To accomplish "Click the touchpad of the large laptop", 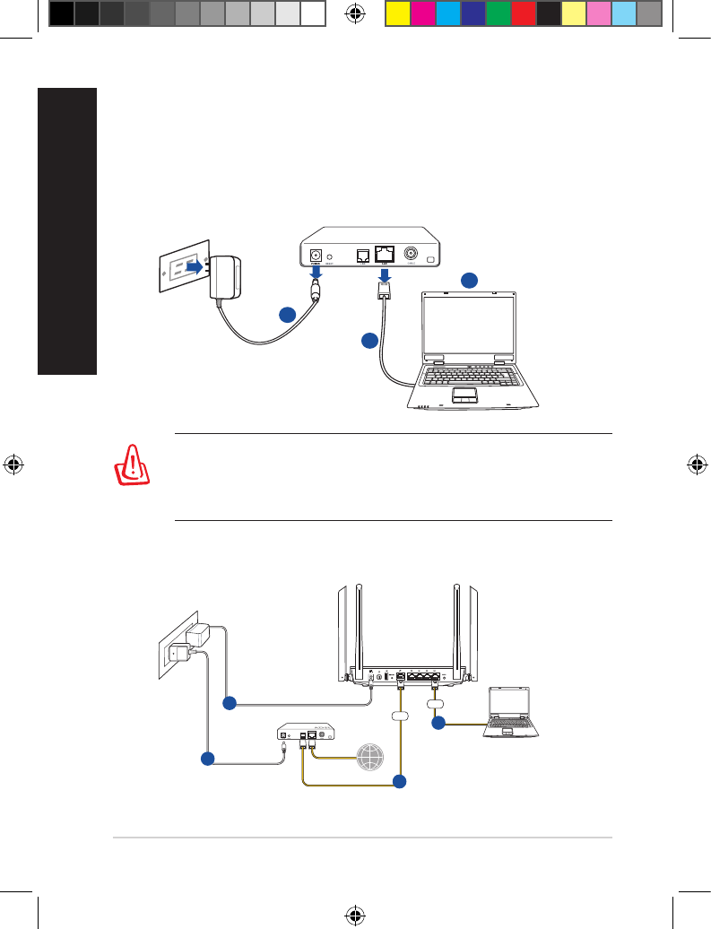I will pyautogui.click(x=464, y=394).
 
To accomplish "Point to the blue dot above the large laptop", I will pyautogui.click(x=469, y=281).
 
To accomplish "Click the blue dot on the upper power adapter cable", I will pyautogui.click(x=287, y=314).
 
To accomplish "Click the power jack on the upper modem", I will pyautogui.click(x=316, y=255).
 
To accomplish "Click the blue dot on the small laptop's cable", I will pyautogui.click(x=438, y=722).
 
